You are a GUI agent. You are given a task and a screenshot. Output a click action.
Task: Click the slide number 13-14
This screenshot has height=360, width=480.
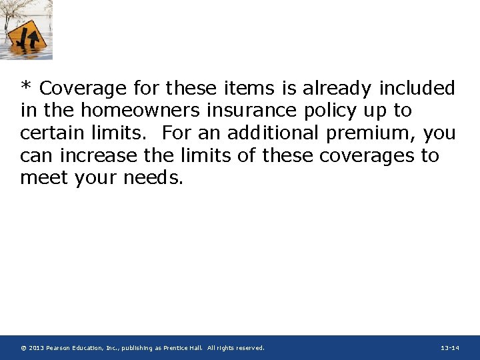450,348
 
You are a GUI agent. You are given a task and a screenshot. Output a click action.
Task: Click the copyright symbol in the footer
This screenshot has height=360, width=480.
23,348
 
